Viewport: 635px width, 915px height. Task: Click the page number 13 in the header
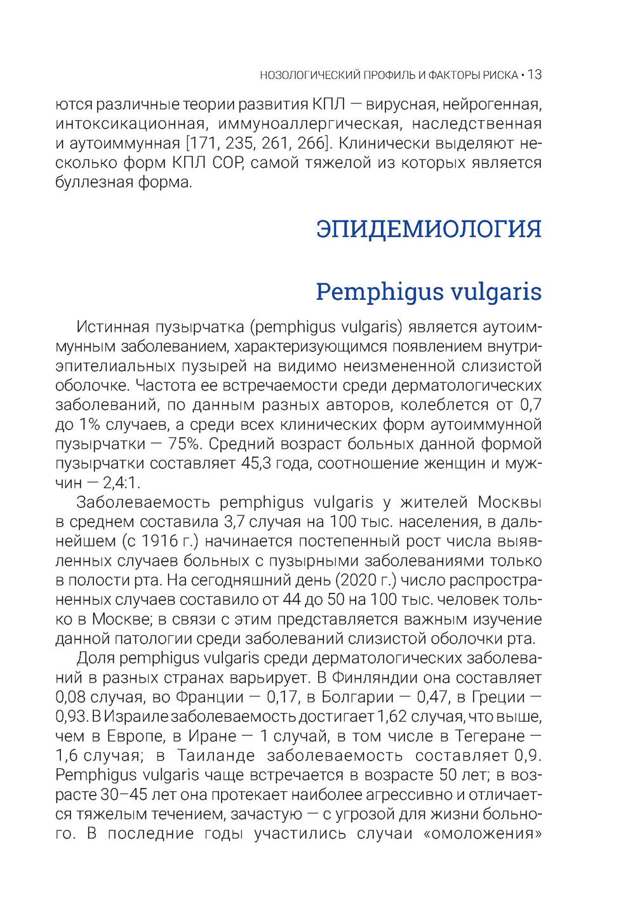534,75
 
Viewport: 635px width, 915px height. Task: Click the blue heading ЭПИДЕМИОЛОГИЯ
429,229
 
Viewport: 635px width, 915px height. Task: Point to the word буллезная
91,182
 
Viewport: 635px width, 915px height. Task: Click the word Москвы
509,503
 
